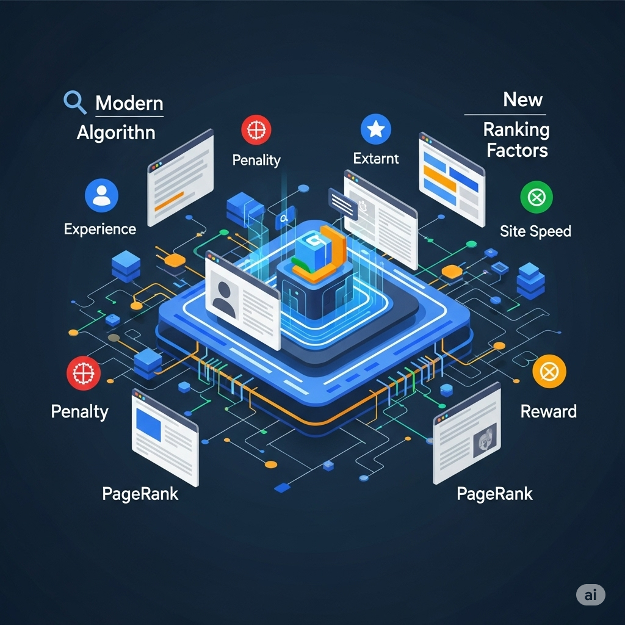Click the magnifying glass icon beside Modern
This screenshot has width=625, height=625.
(74, 102)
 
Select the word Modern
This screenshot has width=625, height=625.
(129, 103)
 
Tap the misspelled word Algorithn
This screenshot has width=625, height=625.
(116, 132)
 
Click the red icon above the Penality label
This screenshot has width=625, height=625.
(256, 131)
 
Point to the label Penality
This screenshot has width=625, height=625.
(256, 160)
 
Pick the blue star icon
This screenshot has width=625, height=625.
(376, 129)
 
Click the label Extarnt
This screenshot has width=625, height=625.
(376, 159)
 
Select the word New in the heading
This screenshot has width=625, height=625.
(523, 99)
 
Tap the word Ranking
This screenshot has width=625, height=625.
(516, 129)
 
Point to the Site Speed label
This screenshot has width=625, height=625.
(535, 231)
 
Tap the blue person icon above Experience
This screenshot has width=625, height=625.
(101, 195)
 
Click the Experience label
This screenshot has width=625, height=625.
(99, 229)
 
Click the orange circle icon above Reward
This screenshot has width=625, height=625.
(549, 372)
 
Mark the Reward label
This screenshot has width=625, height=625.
(548, 411)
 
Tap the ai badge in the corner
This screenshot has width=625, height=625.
(590, 594)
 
